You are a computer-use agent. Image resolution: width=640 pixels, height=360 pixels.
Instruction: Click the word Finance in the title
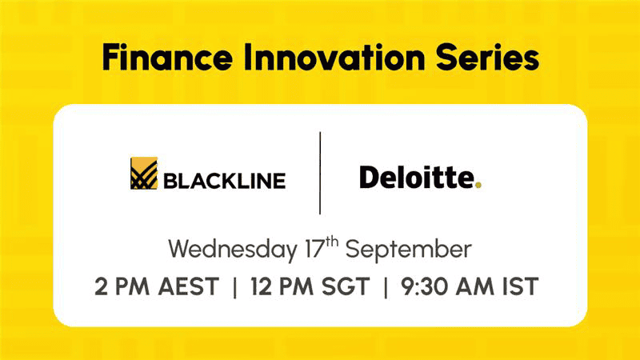click(167, 57)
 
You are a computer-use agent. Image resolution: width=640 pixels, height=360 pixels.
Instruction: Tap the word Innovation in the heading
click(334, 57)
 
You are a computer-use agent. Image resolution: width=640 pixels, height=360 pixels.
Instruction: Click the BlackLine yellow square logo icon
click(144, 173)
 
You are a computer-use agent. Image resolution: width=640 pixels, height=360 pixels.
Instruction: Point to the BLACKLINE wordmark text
click(225, 181)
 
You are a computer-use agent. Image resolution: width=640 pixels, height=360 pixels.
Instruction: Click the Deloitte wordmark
click(417, 177)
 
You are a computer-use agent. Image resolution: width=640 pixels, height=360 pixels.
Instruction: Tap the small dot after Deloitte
click(478, 185)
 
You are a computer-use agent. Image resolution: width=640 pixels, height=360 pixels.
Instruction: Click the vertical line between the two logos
click(320, 173)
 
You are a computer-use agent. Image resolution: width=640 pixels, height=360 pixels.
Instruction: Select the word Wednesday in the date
click(233, 250)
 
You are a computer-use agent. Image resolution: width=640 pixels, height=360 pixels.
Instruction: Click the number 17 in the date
click(314, 250)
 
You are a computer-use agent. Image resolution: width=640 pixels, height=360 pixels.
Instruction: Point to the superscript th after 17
click(332, 242)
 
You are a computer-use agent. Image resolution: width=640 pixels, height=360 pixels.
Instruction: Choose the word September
click(409, 250)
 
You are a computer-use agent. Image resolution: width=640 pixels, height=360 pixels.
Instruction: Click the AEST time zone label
click(189, 286)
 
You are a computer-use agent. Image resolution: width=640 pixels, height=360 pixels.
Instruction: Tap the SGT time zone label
click(346, 286)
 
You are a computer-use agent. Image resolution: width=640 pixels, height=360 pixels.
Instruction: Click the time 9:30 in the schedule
click(425, 286)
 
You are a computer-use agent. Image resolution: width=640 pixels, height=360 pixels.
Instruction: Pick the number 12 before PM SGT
click(262, 286)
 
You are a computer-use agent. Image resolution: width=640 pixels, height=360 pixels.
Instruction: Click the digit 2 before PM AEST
click(101, 286)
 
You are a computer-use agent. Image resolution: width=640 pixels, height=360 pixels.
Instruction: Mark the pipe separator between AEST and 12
click(234, 287)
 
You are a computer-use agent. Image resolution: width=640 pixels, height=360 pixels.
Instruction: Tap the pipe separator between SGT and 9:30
click(386, 287)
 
